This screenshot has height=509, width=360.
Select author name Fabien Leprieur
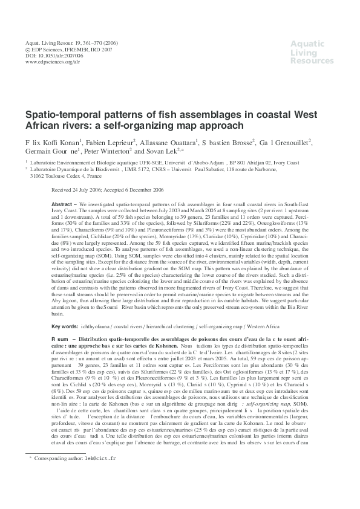click(x=110, y=141)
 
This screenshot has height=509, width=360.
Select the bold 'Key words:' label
click(x=66, y=326)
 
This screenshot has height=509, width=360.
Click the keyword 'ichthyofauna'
click(x=99, y=326)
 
